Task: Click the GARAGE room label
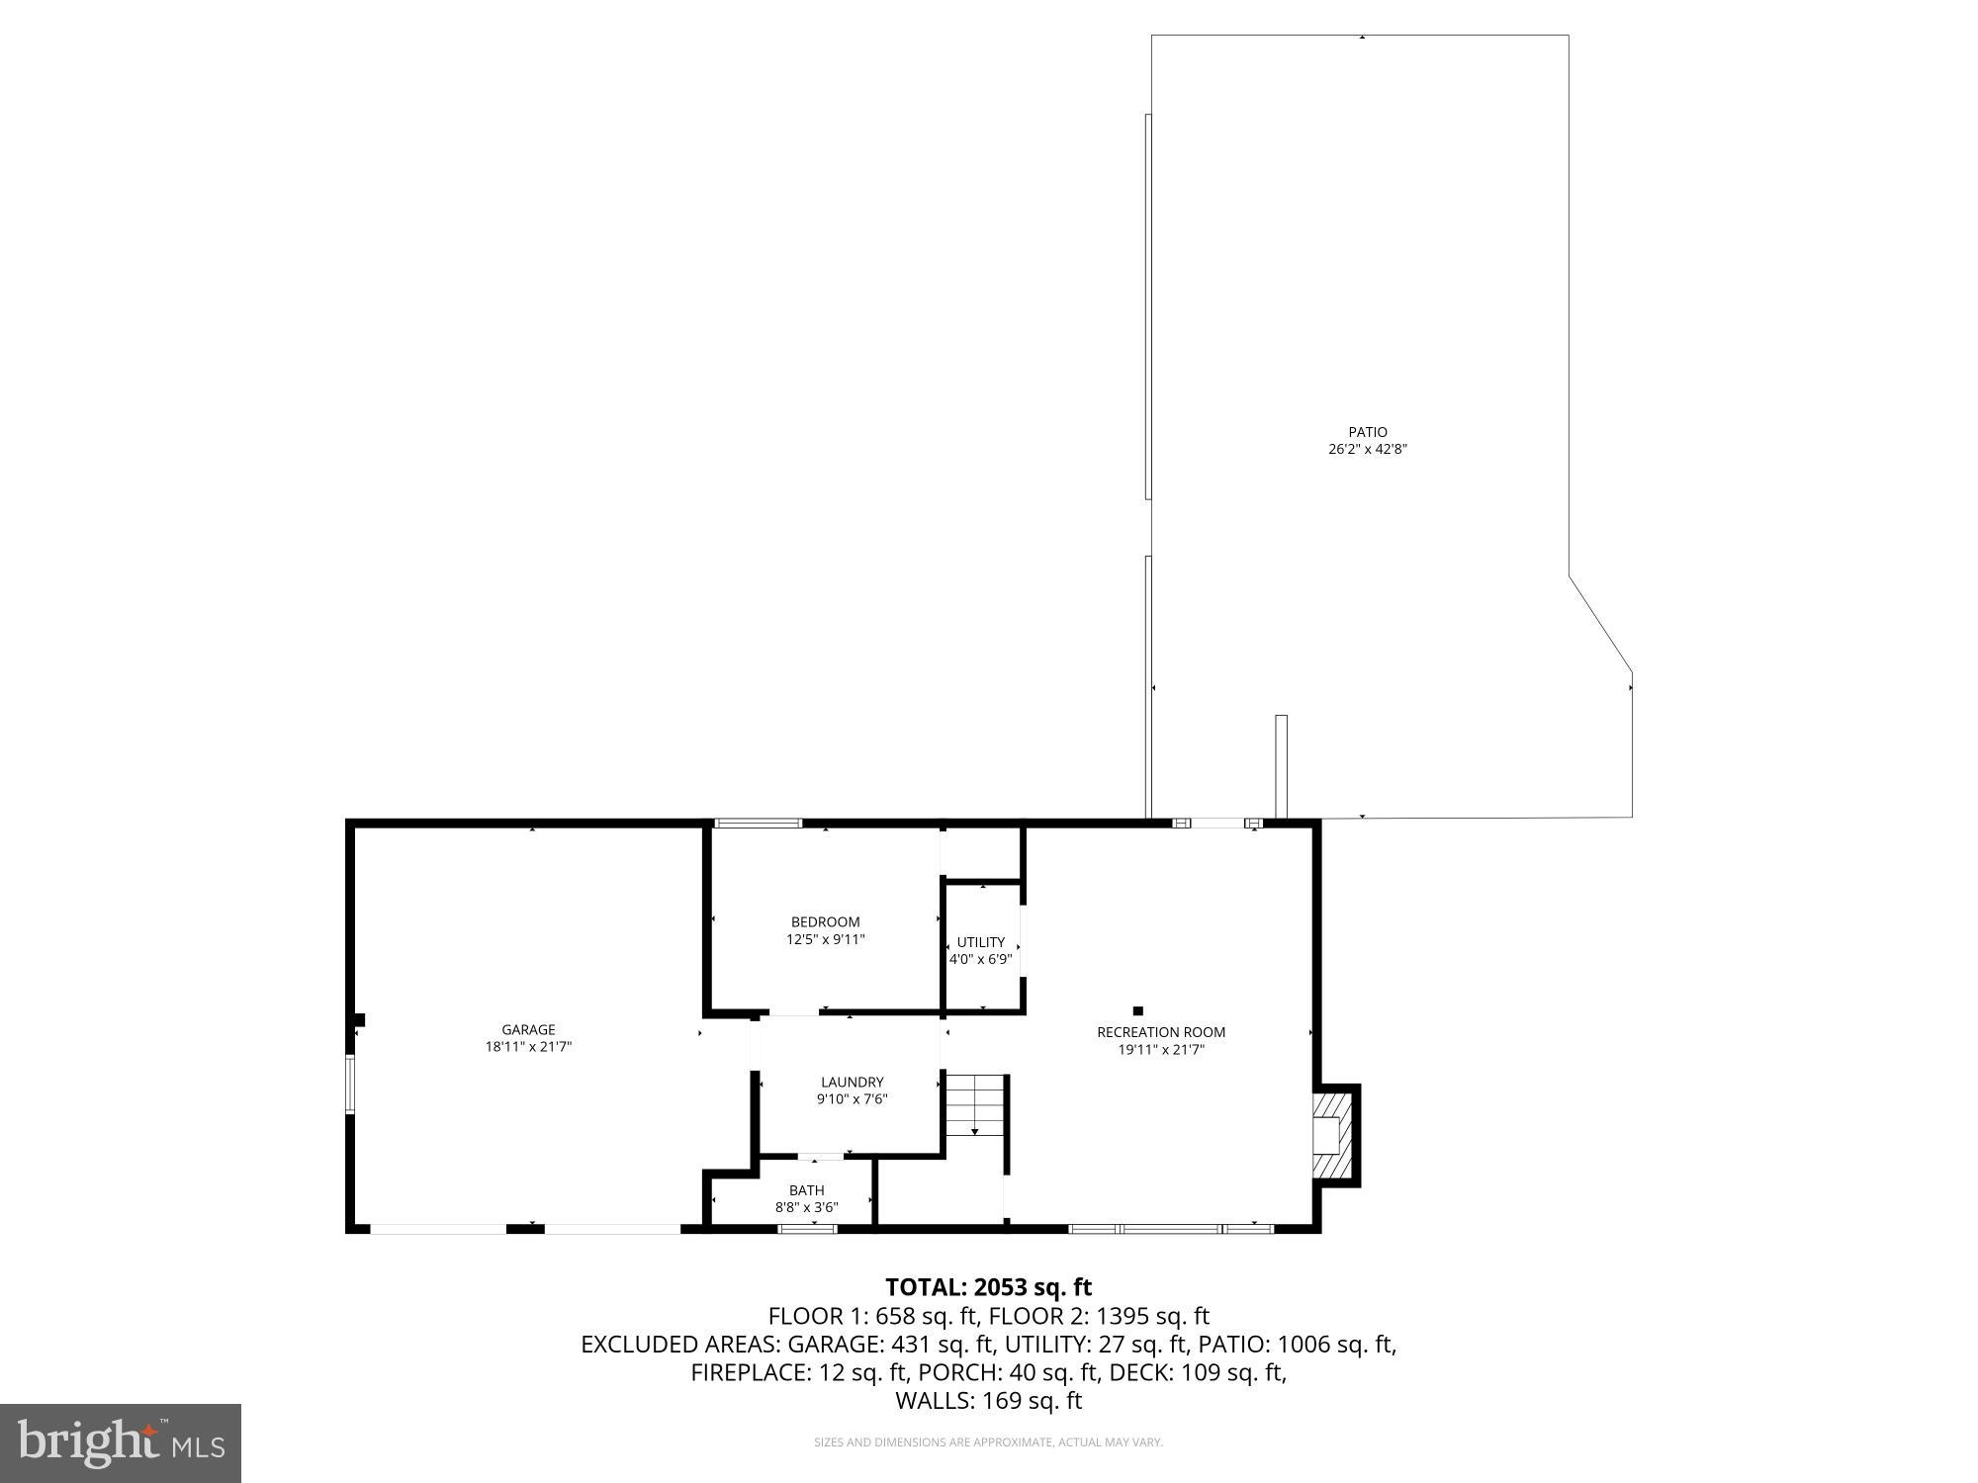(x=527, y=1029)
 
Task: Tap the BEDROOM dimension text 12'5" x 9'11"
(x=825, y=939)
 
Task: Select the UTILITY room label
(x=980, y=942)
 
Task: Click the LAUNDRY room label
(x=851, y=1082)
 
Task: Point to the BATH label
(x=806, y=1190)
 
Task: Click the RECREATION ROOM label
(x=1160, y=1032)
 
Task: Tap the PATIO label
(x=1367, y=432)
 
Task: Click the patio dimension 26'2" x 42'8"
(x=1367, y=449)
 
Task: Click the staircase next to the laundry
(x=975, y=1104)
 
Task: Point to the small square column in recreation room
(x=1137, y=1010)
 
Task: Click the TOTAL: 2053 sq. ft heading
(x=988, y=1287)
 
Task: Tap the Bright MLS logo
(x=121, y=1443)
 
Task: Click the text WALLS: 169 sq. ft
(x=988, y=1401)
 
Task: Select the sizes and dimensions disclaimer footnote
(x=988, y=1442)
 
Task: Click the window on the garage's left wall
(x=349, y=1085)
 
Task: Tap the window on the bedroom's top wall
(x=759, y=823)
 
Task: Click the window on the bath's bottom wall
(x=807, y=1229)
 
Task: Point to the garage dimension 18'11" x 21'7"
(x=527, y=1046)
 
